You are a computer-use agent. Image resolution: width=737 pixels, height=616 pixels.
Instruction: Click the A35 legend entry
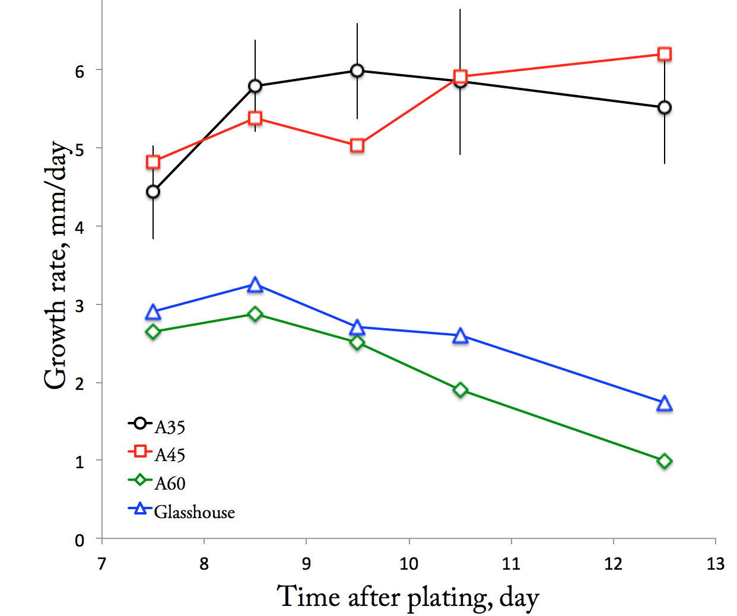pyautogui.click(x=157, y=425)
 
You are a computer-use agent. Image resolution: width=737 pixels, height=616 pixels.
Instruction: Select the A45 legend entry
pyautogui.click(x=157, y=453)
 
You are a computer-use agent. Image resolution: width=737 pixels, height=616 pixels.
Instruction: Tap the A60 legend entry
pyautogui.click(x=157, y=482)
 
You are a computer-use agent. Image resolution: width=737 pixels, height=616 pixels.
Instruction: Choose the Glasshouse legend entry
pyautogui.click(x=182, y=511)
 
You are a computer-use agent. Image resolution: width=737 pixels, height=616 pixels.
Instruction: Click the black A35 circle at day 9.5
pyautogui.click(x=357, y=71)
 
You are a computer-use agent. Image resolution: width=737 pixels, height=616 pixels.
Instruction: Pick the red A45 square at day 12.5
pyautogui.click(x=665, y=54)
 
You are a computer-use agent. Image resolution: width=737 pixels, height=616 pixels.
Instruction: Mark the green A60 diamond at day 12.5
pyautogui.click(x=665, y=461)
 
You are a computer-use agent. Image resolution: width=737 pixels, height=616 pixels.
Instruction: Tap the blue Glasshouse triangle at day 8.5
pyautogui.click(x=255, y=285)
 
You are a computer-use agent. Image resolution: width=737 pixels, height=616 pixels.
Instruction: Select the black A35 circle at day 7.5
pyautogui.click(x=153, y=192)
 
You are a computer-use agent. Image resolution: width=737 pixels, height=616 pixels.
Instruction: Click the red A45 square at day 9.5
pyautogui.click(x=357, y=145)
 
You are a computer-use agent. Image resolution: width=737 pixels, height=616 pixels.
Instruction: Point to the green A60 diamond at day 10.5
pyautogui.click(x=460, y=390)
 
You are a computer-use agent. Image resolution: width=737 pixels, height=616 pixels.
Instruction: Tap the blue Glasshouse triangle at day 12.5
pyautogui.click(x=665, y=404)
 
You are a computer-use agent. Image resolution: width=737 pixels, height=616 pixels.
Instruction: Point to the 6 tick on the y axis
pyautogui.click(x=80, y=71)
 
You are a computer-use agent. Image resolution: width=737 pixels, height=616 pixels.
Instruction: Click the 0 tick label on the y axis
pyautogui.click(x=80, y=541)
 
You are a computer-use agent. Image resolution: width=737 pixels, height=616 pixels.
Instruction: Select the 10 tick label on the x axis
pyautogui.click(x=409, y=564)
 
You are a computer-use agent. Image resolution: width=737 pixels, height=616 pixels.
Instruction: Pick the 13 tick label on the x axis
pyautogui.click(x=716, y=564)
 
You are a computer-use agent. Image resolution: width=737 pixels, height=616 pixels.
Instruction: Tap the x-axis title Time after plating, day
pyautogui.click(x=408, y=597)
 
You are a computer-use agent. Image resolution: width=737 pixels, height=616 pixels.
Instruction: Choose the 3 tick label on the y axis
pyautogui.click(x=80, y=306)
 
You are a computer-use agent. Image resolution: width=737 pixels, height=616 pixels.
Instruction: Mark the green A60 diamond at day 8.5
pyautogui.click(x=255, y=313)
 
